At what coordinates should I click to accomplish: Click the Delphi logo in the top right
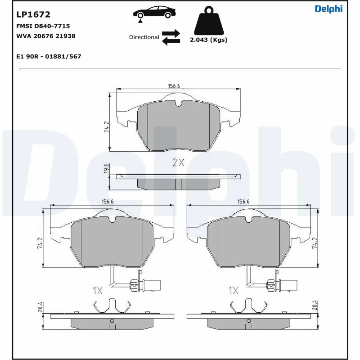[328, 9]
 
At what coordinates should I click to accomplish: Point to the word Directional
[144, 37]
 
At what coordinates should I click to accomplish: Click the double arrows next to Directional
[171, 37]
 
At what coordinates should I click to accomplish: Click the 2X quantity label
[178, 163]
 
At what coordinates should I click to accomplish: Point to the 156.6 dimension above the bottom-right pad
[243, 202]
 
